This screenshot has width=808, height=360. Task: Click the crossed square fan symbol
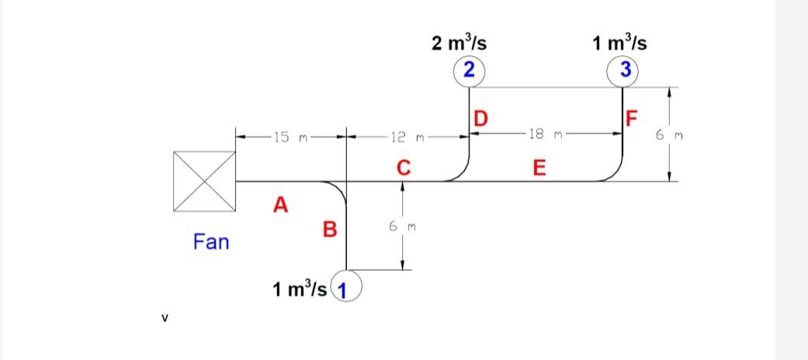tap(204, 182)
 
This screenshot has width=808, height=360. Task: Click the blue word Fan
tap(211, 243)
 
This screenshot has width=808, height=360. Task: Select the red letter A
tap(280, 205)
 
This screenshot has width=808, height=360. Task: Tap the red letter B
tap(330, 230)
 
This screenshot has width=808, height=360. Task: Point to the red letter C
tap(402, 167)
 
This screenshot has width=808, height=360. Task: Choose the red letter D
tap(481, 119)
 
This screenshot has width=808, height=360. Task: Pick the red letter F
tap(633, 119)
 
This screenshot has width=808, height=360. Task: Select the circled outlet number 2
tap(467, 69)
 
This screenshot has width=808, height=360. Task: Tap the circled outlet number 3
tap(622, 69)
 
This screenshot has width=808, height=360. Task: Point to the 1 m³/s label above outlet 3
tap(619, 42)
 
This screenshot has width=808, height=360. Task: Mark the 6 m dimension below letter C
tap(402, 227)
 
